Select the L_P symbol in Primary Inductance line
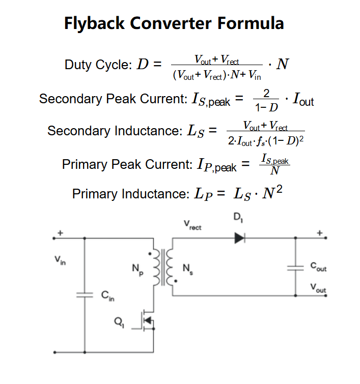[204, 194]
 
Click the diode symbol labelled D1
[240, 237]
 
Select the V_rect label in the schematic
[192, 225]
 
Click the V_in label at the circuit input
[60, 261]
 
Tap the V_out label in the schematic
[318, 288]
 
